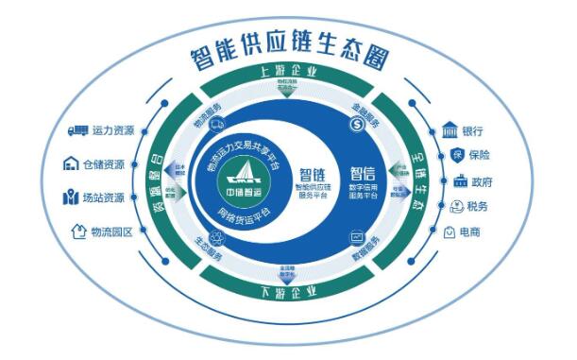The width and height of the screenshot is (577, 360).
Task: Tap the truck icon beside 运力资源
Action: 75,129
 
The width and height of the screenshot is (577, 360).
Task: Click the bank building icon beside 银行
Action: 450,129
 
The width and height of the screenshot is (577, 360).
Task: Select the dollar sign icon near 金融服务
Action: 357,123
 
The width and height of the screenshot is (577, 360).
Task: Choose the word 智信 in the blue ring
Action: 362,175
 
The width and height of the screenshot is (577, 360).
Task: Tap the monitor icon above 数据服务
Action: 357,236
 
